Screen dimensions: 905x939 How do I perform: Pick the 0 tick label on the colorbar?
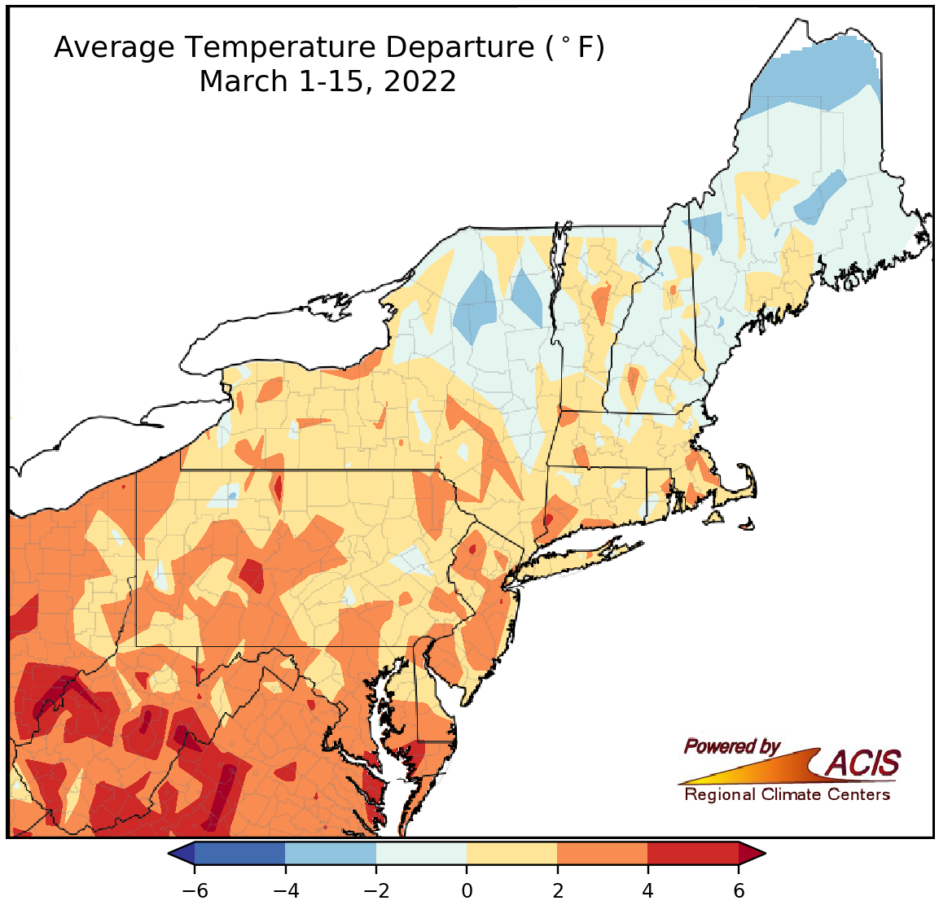pos(467,890)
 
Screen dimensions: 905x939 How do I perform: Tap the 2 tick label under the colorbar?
pos(557,890)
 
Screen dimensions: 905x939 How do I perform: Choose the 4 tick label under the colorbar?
pos(648,890)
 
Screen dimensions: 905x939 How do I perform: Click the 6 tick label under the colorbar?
pos(739,890)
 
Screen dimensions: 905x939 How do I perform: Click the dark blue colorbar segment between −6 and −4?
pos(239,853)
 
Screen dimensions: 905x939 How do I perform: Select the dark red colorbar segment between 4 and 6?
pos(693,853)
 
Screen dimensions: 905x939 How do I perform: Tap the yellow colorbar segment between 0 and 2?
pos(511,853)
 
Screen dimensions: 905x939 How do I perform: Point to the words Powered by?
pos(731,746)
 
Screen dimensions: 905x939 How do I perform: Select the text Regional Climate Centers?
pos(787,794)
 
